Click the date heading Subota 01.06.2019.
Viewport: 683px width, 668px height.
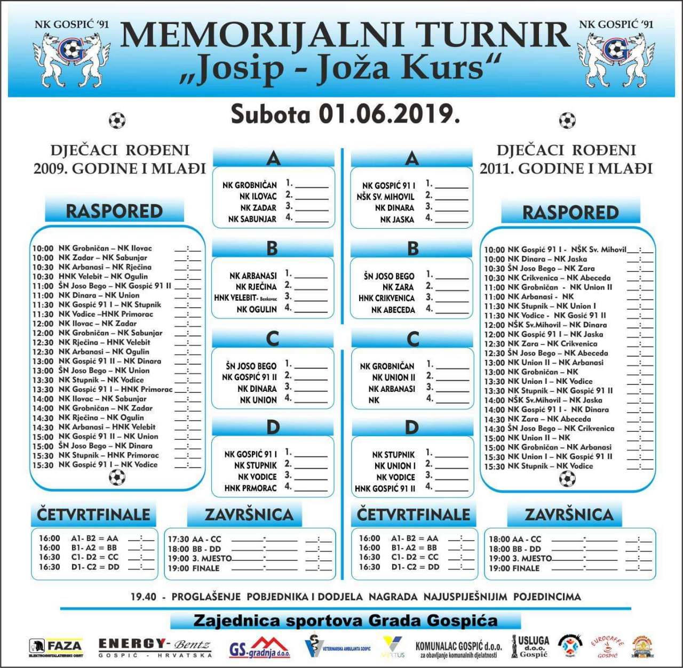tap(345, 114)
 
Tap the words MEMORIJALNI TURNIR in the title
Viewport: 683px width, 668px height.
tap(345, 35)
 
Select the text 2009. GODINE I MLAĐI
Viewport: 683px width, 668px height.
tap(120, 168)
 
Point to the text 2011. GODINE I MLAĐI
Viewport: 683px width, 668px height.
tap(566, 168)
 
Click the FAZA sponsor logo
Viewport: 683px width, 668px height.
tap(56, 647)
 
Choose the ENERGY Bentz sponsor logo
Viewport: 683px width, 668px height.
tap(155, 647)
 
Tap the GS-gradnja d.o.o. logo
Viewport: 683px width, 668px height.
tap(260, 648)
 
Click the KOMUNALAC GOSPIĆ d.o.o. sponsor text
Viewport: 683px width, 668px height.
tap(458, 649)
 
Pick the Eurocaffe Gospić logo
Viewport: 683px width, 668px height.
tap(607, 647)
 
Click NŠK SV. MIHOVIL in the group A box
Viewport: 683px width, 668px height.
tap(385, 197)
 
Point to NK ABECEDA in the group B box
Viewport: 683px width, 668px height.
tap(393, 310)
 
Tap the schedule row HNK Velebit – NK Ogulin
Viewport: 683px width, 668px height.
tap(103, 276)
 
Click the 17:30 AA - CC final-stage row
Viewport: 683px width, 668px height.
tap(194, 539)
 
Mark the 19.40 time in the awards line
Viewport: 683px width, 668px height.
tap(144, 597)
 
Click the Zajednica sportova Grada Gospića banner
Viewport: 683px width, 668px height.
tap(345, 621)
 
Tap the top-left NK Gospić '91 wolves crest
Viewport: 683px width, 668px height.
tap(72, 59)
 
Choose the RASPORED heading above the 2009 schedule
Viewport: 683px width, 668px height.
tap(114, 211)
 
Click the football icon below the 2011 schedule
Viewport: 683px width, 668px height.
tap(567, 479)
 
